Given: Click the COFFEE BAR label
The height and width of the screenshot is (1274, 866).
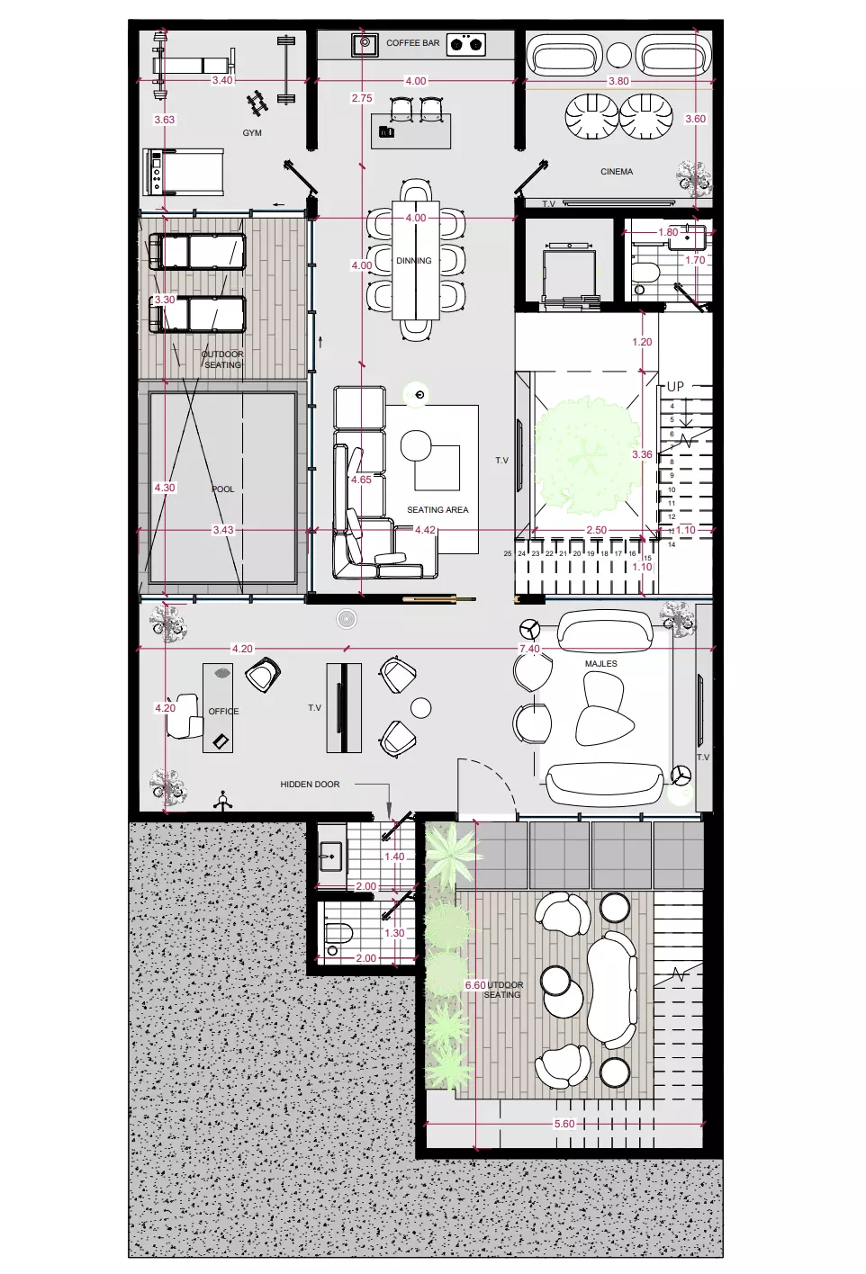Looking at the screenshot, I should (x=412, y=43).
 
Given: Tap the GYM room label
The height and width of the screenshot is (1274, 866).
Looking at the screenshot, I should (x=252, y=133).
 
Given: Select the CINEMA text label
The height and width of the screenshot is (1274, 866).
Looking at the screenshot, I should (x=617, y=171).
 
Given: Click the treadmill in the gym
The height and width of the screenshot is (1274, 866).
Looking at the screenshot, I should (x=184, y=172).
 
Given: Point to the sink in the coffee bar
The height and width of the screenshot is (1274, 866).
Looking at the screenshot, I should (x=365, y=43).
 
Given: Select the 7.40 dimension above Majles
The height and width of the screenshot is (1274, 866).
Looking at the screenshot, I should (x=529, y=649).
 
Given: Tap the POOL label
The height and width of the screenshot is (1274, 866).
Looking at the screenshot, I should (x=222, y=489).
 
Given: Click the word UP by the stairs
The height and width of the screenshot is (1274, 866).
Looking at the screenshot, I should (x=675, y=386).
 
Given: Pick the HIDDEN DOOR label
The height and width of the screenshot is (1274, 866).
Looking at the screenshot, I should (x=310, y=785).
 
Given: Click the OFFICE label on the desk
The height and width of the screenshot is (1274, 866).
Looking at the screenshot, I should (x=223, y=712).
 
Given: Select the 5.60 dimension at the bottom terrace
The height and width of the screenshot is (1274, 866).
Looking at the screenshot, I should (x=564, y=1125).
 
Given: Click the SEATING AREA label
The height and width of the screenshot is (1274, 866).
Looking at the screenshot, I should (x=438, y=510).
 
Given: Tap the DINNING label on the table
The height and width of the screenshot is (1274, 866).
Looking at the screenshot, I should (x=414, y=261).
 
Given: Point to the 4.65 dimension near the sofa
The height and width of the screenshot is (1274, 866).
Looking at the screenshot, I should (x=361, y=480).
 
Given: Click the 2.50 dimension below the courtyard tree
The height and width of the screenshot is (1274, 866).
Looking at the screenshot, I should (x=596, y=531).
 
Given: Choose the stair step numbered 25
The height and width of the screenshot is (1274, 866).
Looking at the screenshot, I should (x=508, y=554).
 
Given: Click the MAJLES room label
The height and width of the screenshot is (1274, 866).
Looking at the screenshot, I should (x=600, y=664).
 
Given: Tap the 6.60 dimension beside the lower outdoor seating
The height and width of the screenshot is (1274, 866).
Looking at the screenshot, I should (x=475, y=986).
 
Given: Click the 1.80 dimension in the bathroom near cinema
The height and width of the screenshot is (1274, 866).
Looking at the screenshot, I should (x=668, y=232).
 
